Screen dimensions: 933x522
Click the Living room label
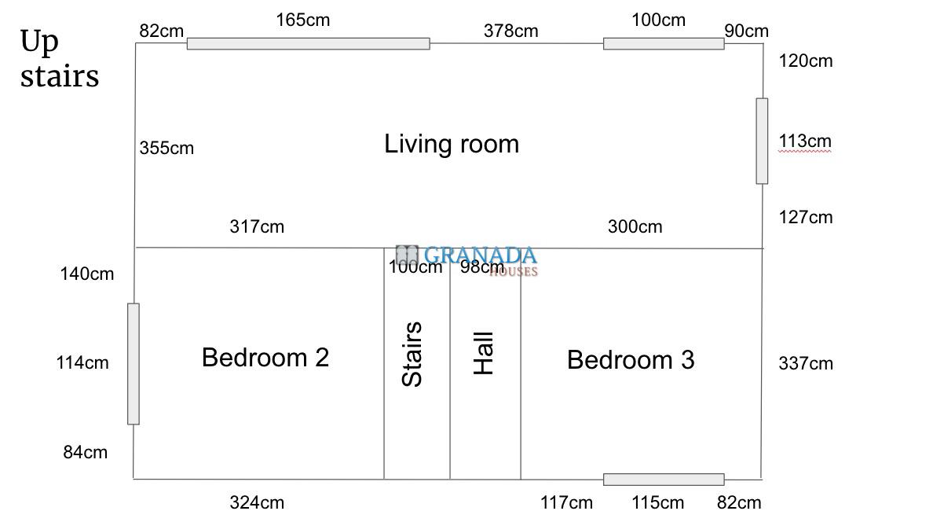point(452,145)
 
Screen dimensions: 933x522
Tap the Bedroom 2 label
point(265,358)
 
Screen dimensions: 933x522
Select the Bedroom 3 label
point(631,360)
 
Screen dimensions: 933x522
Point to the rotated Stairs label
point(412,354)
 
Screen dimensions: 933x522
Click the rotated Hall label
point(483,353)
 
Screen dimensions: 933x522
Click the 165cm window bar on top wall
point(308,43)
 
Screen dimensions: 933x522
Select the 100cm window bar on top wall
point(664,43)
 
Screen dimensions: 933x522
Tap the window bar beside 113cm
point(762,142)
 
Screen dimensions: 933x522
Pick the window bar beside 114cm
point(134,364)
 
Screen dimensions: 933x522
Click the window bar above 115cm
point(664,480)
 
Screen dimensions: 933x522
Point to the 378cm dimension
point(510,31)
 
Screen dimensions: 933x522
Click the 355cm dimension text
point(166,148)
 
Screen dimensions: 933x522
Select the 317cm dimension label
point(257,226)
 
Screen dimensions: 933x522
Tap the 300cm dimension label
point(635,226)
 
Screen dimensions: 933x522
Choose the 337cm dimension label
point(806,363)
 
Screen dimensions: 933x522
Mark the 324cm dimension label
point(257,502)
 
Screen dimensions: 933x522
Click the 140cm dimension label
point(87,274)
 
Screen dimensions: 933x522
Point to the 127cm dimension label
point(806,217)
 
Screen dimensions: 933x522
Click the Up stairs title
point(60,60)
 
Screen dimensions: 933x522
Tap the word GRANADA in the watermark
point(480,255)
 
